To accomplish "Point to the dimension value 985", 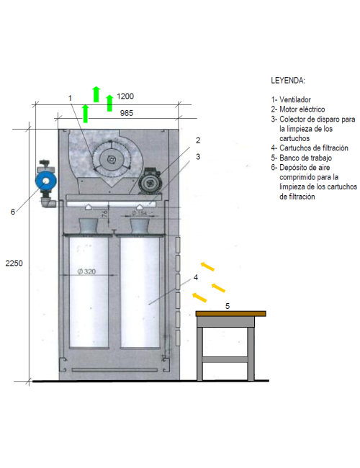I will (126, 112).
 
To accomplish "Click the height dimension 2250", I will (14, 264).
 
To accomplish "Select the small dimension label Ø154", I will (140, 212).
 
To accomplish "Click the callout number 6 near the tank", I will (12, 212).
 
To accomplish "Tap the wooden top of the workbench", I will (230, 314).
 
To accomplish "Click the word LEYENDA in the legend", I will (288, 80).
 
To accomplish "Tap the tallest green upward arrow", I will (96, 93).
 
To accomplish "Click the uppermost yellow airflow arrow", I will (207, 266).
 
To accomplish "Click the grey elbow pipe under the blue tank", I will (48, 203).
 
